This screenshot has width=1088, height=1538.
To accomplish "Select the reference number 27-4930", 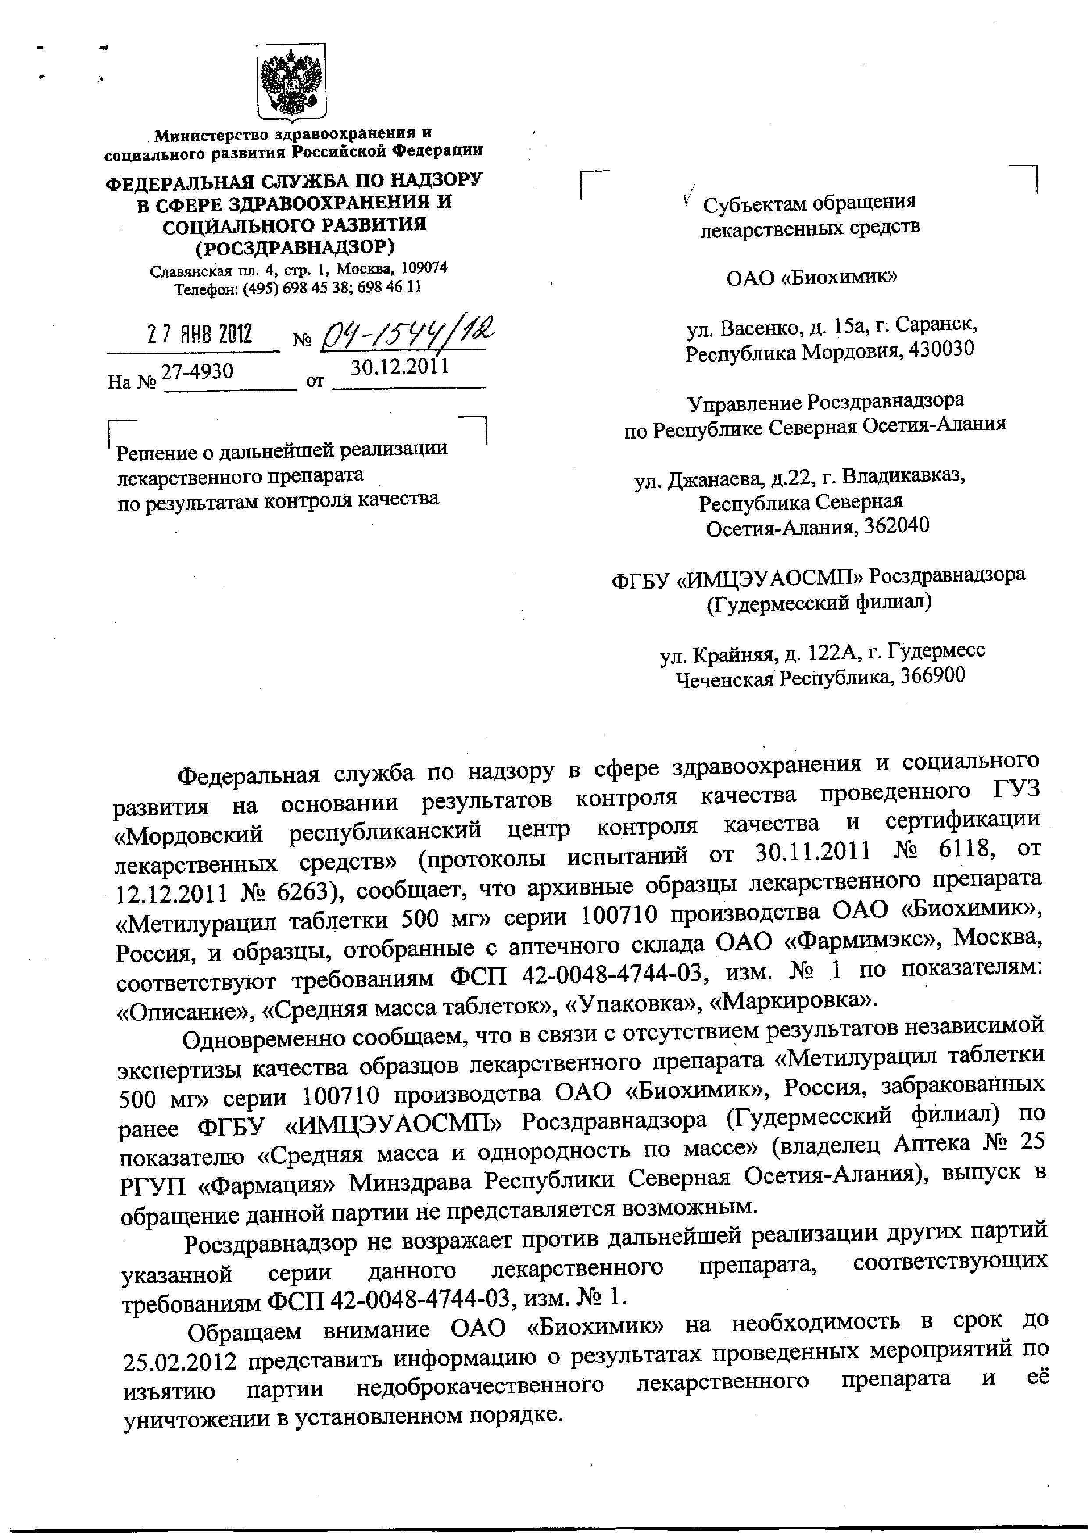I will pyautogui.click(x=198, y=371).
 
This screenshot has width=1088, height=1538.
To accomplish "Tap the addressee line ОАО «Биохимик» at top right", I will pyautogui.click(x=811, y=277).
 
